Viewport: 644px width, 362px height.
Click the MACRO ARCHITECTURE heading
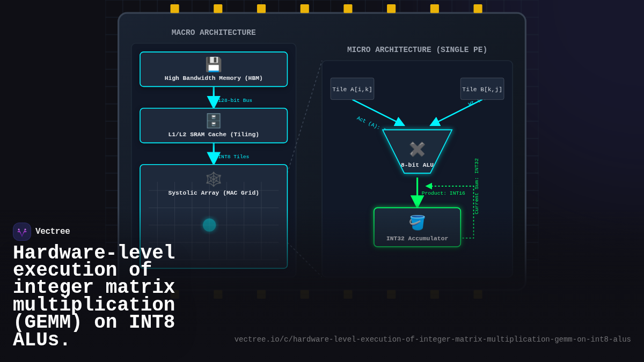214,33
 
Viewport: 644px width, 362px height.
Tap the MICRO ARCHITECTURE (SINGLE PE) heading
417,50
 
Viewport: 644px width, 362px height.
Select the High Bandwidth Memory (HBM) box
214,69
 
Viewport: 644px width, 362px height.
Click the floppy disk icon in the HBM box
214,64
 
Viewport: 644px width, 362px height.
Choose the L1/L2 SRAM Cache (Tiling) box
214,125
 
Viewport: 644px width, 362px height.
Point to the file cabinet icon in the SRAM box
214,121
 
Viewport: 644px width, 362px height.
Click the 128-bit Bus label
235,101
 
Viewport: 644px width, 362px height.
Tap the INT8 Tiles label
233,157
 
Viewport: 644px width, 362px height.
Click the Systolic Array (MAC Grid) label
214,193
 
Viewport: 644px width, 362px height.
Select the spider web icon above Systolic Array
214,179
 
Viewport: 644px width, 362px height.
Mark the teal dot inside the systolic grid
209,225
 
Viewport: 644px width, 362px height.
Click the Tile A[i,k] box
352,89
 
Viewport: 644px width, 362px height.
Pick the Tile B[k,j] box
482,89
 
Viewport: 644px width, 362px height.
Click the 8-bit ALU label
417,165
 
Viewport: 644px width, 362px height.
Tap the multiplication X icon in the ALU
417,149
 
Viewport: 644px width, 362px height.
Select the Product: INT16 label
443,194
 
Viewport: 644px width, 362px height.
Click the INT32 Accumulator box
417,227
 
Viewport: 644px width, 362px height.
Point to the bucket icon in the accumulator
417,222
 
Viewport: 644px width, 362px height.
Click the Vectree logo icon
22,232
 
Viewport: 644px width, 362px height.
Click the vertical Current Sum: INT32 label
477,186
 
